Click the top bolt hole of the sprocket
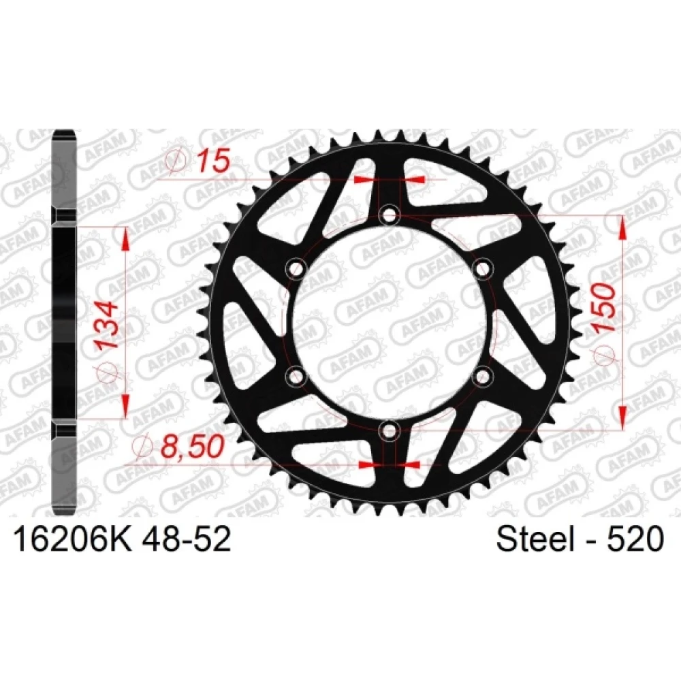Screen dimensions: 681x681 pyautogui.click(x=389, y=215)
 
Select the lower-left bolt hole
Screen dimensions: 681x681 pyautogui.click(x=297, y=376)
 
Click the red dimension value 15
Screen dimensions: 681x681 pyautogui.click(x=212, y=161)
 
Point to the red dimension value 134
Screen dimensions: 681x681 pyautogui.click(x=107, y=325)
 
